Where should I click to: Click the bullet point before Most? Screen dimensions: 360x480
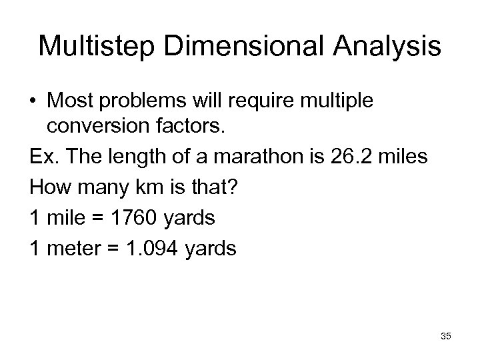[x=33, y=102]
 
